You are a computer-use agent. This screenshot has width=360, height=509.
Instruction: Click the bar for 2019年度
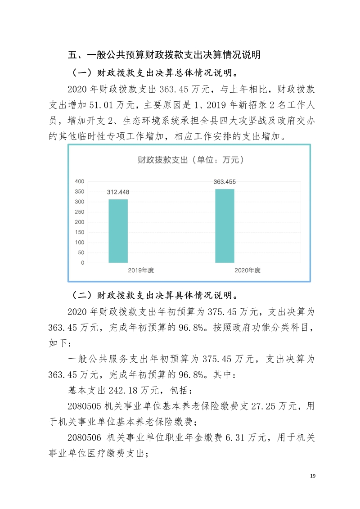(x=118, y=231)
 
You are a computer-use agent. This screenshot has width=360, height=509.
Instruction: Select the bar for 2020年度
(x=225, y=225)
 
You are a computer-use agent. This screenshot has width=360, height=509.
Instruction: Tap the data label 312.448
(x=118, y=192)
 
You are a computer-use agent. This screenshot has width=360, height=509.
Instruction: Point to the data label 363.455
(x=225, y=182)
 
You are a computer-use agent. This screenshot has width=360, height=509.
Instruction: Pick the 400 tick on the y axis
(x=79, y=181)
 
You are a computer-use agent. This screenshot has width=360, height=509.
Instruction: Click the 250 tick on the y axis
(x=79, y=212)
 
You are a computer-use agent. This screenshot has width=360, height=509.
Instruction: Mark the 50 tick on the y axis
(x=81, y=253)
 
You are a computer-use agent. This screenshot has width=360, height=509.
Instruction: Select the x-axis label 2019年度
(x=141, y=270)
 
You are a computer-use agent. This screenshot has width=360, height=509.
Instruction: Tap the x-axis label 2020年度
(x=247, y=270)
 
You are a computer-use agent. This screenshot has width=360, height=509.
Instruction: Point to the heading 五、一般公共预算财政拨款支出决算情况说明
(x=164, y=55)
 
